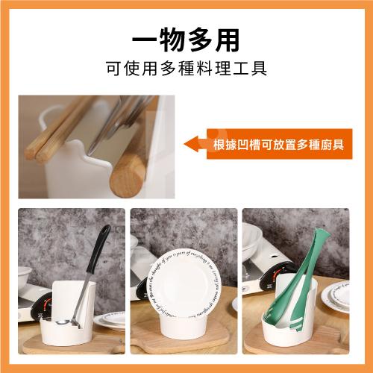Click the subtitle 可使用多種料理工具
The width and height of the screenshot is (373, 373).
point(186,69)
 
